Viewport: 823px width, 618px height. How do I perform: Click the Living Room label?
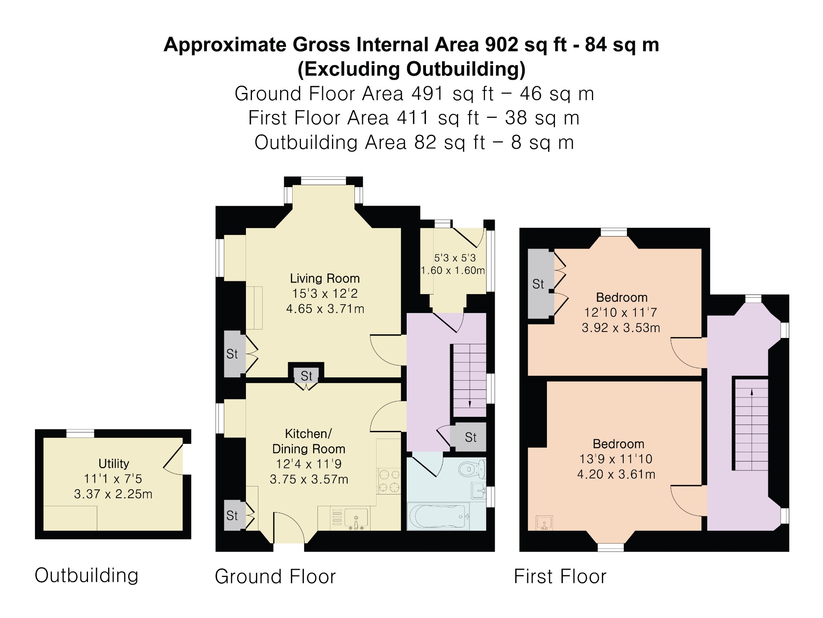click(x=325, y=278)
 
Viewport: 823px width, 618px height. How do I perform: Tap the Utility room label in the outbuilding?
click(x=114, y=463)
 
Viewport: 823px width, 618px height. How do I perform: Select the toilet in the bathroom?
click(x=472, y=469)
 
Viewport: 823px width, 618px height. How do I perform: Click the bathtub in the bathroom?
click(x=438, y=516)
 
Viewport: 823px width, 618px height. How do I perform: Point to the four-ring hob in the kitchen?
click(x=389, y=481)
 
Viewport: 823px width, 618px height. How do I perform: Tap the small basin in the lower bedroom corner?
click(x=544, y=523)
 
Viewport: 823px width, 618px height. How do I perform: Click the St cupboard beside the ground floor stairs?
click(x=468, y=437)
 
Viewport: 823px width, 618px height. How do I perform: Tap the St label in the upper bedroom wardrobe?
click(x=538, y=284)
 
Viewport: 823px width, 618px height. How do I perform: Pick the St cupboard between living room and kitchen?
click(x=306, y=375)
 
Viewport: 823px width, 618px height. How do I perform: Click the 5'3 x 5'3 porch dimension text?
click(x=455, y=258)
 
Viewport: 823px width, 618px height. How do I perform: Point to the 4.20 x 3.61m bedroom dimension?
click(x=616, y=474)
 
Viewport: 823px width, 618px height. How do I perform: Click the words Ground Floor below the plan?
click(x=275, y=576)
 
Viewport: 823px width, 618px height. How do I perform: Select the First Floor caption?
click(x=560, y=576)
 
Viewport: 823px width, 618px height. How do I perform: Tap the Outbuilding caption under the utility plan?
click(x=86, y=575)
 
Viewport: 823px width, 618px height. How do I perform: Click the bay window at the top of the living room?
click(x=323, y=181)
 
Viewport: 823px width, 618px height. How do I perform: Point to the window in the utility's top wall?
click(x=80, y=433)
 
